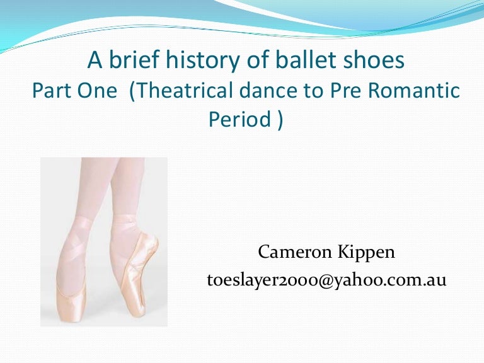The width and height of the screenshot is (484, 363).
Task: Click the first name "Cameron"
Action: click(290, 253)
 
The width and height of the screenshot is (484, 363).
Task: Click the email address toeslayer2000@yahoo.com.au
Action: click(326, 280)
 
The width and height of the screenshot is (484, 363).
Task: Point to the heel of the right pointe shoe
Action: click(153, 243)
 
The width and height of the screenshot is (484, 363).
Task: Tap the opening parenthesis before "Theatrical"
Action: click(132, 91)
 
